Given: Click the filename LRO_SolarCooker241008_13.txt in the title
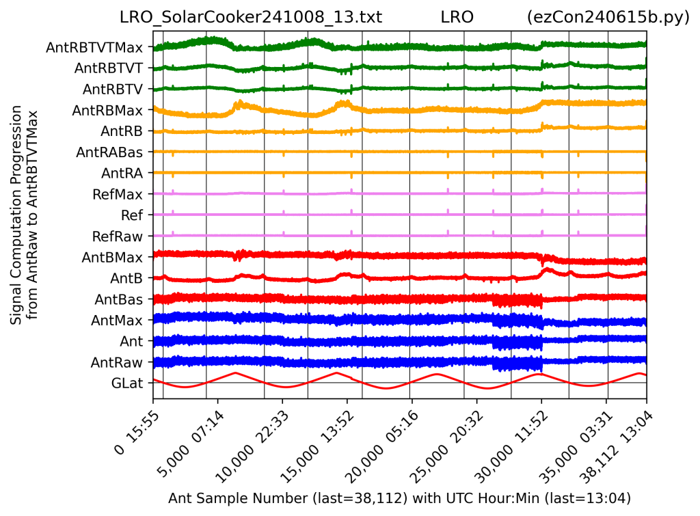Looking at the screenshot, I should (251, 18).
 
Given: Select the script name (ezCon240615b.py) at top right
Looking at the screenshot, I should (608, 18).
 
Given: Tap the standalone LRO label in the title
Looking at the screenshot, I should (457, 18).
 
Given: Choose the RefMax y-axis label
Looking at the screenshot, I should (118, 194).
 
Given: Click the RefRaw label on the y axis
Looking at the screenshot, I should (118, 236).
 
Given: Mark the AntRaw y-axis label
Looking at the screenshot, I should (118, 362).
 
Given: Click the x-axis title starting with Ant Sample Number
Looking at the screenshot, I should (399, 498).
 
